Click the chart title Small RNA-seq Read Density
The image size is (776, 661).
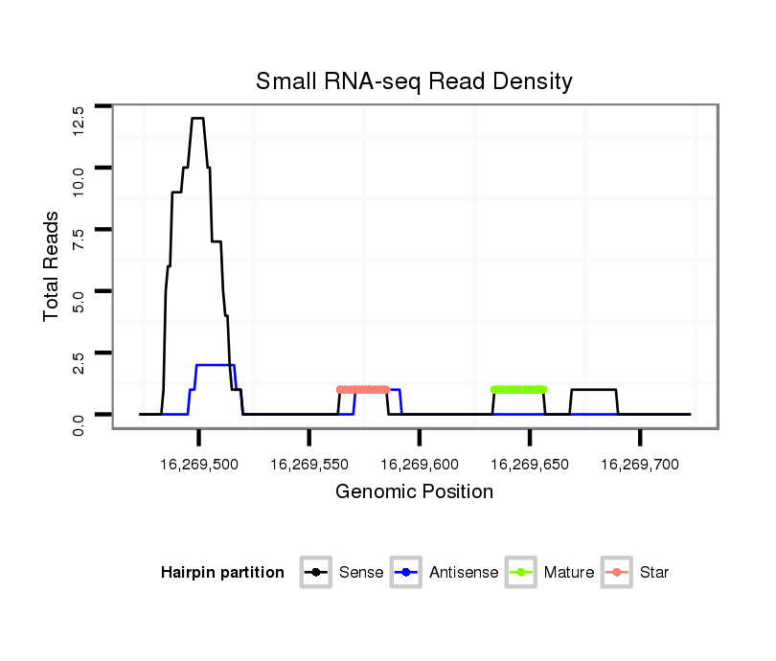click(x=414, y=81)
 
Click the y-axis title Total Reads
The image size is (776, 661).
click(x=54, y=265)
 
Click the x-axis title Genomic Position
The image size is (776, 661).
click(x=414, y=492)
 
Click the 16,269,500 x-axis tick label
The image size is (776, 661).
click(x=199, y=464)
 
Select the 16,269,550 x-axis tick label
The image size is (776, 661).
click(x=309, y=464)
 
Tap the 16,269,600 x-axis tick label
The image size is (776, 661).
click(x=420, y=464)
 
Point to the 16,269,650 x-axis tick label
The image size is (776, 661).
click(x=530, y=464)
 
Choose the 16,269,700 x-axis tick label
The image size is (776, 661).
click(x=641, y=464)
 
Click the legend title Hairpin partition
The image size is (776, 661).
click(x=222, y=573)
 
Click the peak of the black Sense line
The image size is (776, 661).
click(x=197, y=118)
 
